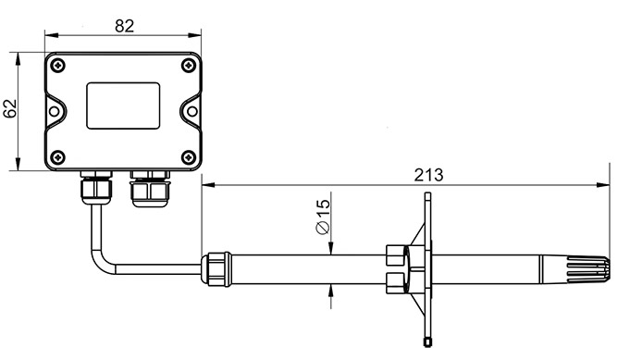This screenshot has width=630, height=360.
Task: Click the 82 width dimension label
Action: (124, 26)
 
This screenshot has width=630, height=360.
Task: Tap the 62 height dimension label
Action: (10, 108)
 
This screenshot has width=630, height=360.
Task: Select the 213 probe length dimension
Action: (428, 175)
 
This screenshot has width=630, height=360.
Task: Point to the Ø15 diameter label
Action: (323, 217)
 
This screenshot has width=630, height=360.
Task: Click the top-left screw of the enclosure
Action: (58, 66)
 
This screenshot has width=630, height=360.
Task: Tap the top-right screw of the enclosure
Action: (188, 66)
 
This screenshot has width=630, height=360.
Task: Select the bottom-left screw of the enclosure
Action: (58, 157)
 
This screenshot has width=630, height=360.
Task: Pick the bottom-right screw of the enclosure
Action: (188, 157)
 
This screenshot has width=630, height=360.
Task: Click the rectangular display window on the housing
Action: (123, 106)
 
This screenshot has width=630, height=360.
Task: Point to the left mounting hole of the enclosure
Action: (54, 111)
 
